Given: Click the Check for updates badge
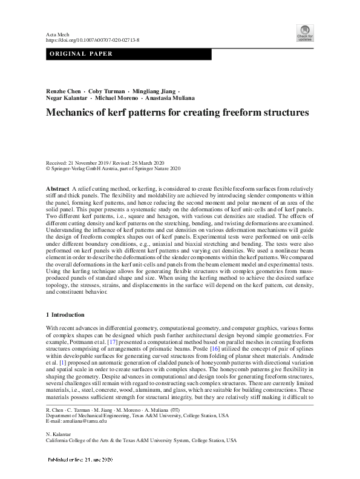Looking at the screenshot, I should (x=304, y=33).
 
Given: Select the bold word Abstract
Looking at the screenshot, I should (x=57, y=190).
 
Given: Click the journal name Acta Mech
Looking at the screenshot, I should (x=57, y=34).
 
